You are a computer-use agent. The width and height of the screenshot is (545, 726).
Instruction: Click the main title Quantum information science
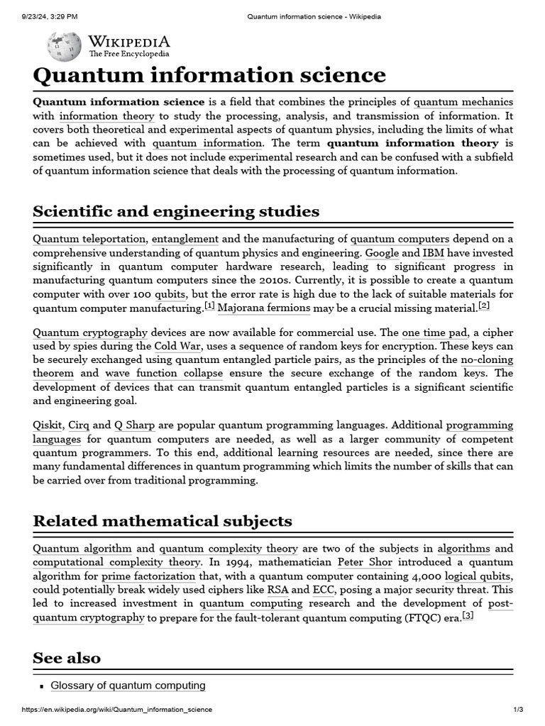(x=209, y=75)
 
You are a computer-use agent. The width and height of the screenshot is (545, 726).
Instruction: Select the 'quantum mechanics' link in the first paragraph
(x=463, y=102)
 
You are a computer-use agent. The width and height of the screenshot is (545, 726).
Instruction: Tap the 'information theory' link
(x=106, y=116)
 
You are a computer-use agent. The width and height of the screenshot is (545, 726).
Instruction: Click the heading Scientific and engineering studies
(x=176, y=211)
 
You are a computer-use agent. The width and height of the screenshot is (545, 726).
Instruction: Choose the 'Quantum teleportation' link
(x=89, y=239)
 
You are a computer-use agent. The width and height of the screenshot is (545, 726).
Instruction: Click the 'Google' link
(x=382, y=253)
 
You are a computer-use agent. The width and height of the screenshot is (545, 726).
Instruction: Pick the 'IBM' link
(x=434, y=253)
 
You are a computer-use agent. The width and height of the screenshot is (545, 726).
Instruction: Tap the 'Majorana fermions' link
(x=264, y=308)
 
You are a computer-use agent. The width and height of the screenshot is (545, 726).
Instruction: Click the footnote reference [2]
(x=484, y=306)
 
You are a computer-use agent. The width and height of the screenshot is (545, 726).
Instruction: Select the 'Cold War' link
(x=177, y=347)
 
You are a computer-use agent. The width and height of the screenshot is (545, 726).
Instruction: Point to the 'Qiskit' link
(x=48, y=425)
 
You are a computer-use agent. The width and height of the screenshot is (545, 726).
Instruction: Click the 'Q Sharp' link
(x=135, y=425)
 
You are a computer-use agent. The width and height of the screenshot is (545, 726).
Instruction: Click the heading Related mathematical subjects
(x=163, y=521)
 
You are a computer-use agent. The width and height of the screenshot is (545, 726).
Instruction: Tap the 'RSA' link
(x=277, y=590)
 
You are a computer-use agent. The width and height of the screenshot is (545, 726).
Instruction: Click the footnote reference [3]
(x=468, y=615)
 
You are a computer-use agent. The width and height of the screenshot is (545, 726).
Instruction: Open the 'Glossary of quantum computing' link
(x=128, y=686)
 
